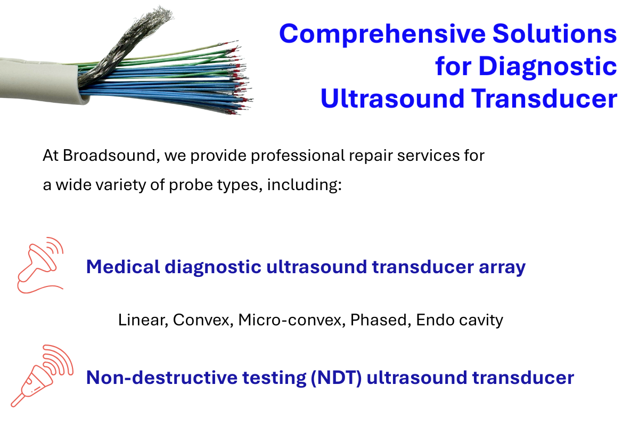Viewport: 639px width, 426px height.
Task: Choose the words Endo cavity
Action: coord(460,320)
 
